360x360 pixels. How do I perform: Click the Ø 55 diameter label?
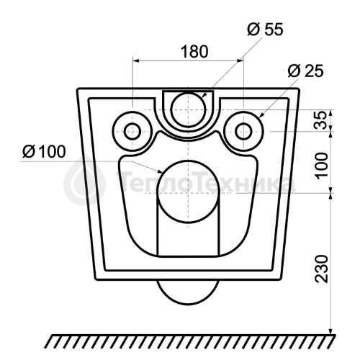265,30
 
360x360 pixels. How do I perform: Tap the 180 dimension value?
194,52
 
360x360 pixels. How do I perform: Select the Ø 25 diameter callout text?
305,71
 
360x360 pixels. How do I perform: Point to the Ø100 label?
44,152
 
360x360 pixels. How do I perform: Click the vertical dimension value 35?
321,120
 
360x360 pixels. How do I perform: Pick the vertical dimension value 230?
321,269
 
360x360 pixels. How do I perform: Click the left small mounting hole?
132,132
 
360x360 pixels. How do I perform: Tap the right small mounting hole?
243,132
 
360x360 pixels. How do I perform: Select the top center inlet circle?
189,109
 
